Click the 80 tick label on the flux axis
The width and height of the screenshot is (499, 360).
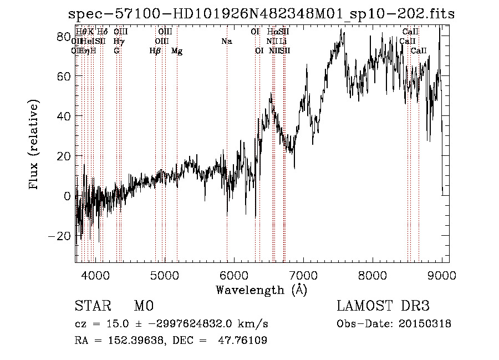tap(63, 37)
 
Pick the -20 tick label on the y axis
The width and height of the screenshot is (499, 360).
tap(58, 236)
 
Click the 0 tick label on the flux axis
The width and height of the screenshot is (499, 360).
tap(67, 196)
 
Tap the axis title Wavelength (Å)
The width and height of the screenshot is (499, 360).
tap(261, 290)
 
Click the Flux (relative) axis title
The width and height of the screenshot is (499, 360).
tap(35, 146)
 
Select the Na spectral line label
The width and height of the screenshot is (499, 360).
tap(226, 42)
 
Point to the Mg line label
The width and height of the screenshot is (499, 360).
tap(177, 51)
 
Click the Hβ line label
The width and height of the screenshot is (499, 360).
tap(155, 51)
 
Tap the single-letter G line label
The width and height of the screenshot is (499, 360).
tap(116, 51)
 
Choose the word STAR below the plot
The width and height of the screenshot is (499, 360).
tap(93, 306)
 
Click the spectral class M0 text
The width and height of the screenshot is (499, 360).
tap(143, 306)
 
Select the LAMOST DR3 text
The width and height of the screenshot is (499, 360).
tap(383, 306)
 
